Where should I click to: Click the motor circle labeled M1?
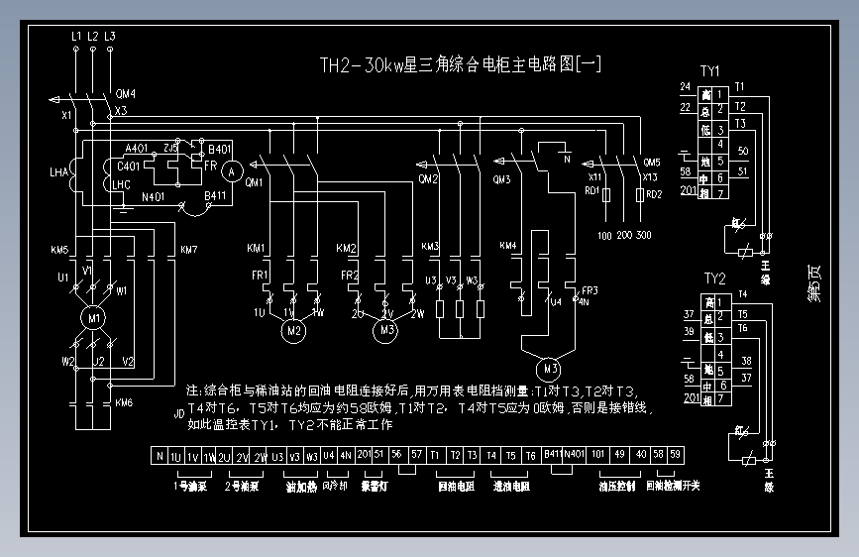(94, 319)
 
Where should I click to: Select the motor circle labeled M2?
(292, 330)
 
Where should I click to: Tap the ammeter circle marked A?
(231, 171)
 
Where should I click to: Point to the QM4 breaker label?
(126, 94)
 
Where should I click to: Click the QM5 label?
(651, 163)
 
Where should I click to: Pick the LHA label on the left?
(59, 173)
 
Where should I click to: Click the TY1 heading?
(710, 71)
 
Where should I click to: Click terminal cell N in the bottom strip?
(159, 456)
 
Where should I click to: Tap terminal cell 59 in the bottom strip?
(675, 456)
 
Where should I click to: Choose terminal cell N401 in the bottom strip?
(574, 456)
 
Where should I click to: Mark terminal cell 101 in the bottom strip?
(598, 456)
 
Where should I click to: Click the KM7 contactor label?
(188, 249)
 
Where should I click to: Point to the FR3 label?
(591, 290)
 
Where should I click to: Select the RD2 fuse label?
(653, 195)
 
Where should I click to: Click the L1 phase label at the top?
(76, 37)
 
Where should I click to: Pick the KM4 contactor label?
(507, 246)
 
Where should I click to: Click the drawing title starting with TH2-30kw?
(460, 66)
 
